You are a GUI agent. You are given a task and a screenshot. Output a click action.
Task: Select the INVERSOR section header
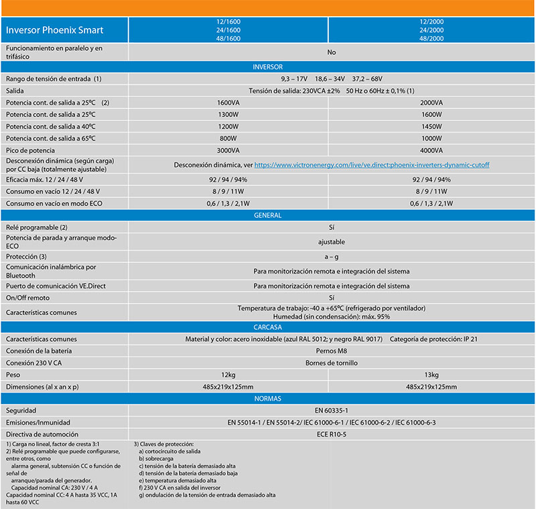coord(268,67)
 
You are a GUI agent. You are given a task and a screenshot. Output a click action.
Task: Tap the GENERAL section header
coord(268,215)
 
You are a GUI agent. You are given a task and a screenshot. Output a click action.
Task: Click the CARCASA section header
coord(268,327)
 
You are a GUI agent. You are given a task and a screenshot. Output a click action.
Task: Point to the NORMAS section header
coord(268,399)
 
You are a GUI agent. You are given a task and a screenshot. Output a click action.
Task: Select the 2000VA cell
coord(431,102)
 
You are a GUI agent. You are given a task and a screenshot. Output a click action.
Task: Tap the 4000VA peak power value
coord(431,150)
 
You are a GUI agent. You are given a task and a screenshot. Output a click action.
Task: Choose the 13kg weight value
coord(431,375)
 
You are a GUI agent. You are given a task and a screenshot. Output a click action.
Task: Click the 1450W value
coord(431,126)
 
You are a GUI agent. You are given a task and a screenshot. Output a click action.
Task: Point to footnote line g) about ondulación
coord(207,495)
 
